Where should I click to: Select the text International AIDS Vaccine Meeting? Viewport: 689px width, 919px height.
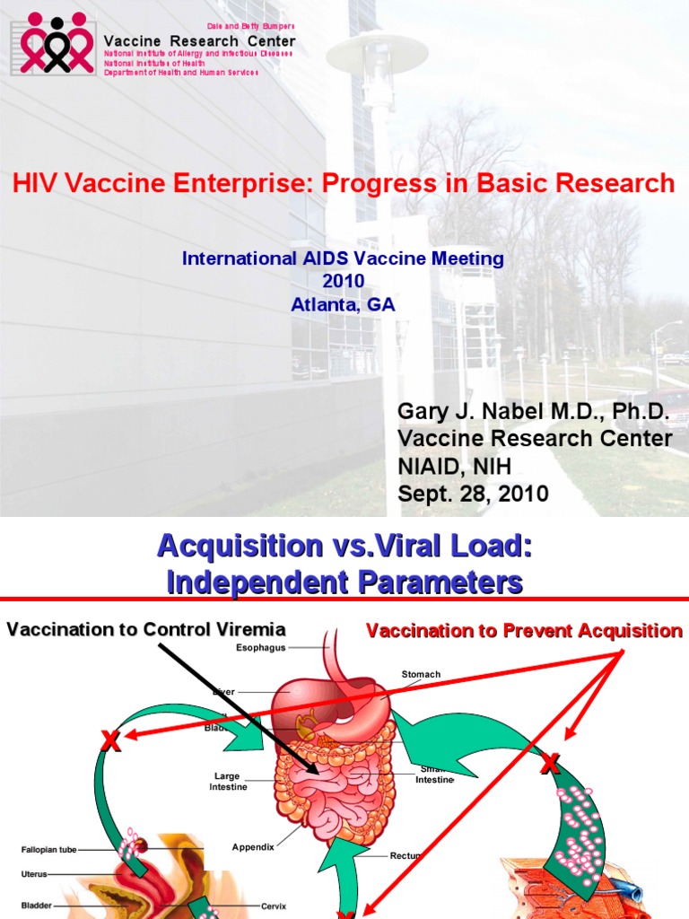(343, 258)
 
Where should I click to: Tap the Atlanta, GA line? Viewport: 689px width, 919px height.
(343, 304)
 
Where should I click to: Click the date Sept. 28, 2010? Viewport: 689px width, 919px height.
(473, 495)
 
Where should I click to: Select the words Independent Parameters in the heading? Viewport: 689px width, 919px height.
(344, 582)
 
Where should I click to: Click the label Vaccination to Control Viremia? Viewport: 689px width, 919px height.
(146, 629)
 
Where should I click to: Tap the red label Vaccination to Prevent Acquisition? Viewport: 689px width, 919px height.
(524, 631)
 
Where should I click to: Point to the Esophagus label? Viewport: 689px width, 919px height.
(260, 647)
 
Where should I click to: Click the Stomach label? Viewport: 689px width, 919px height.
(421, 674)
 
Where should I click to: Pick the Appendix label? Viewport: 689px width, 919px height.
(253, 846)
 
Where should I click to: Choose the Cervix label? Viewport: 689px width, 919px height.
(274, 906)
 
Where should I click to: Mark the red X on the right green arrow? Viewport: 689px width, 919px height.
(550, 765)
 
